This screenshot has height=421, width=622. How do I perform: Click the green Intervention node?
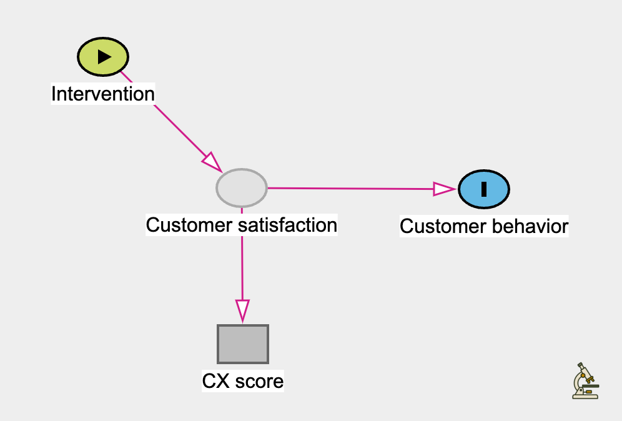(103, 56)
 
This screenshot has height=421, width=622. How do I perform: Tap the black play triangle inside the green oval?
(104, 56)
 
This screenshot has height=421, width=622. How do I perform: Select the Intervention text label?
(102, 94)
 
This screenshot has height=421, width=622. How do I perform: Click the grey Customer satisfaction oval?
(242, 187)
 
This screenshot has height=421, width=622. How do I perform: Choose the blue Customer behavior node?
(484, 188)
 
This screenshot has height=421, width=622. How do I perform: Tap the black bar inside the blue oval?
(484, 188)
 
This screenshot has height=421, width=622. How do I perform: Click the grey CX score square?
(243, 344)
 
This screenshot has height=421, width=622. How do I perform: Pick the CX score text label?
(243, 380)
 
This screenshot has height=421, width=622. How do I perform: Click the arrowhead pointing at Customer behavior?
(445, 189)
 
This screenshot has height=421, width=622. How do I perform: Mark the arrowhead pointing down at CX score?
(242, 310)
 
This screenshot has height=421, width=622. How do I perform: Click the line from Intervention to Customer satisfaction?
(169, 119)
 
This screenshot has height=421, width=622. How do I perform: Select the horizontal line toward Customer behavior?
(350, 188)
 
